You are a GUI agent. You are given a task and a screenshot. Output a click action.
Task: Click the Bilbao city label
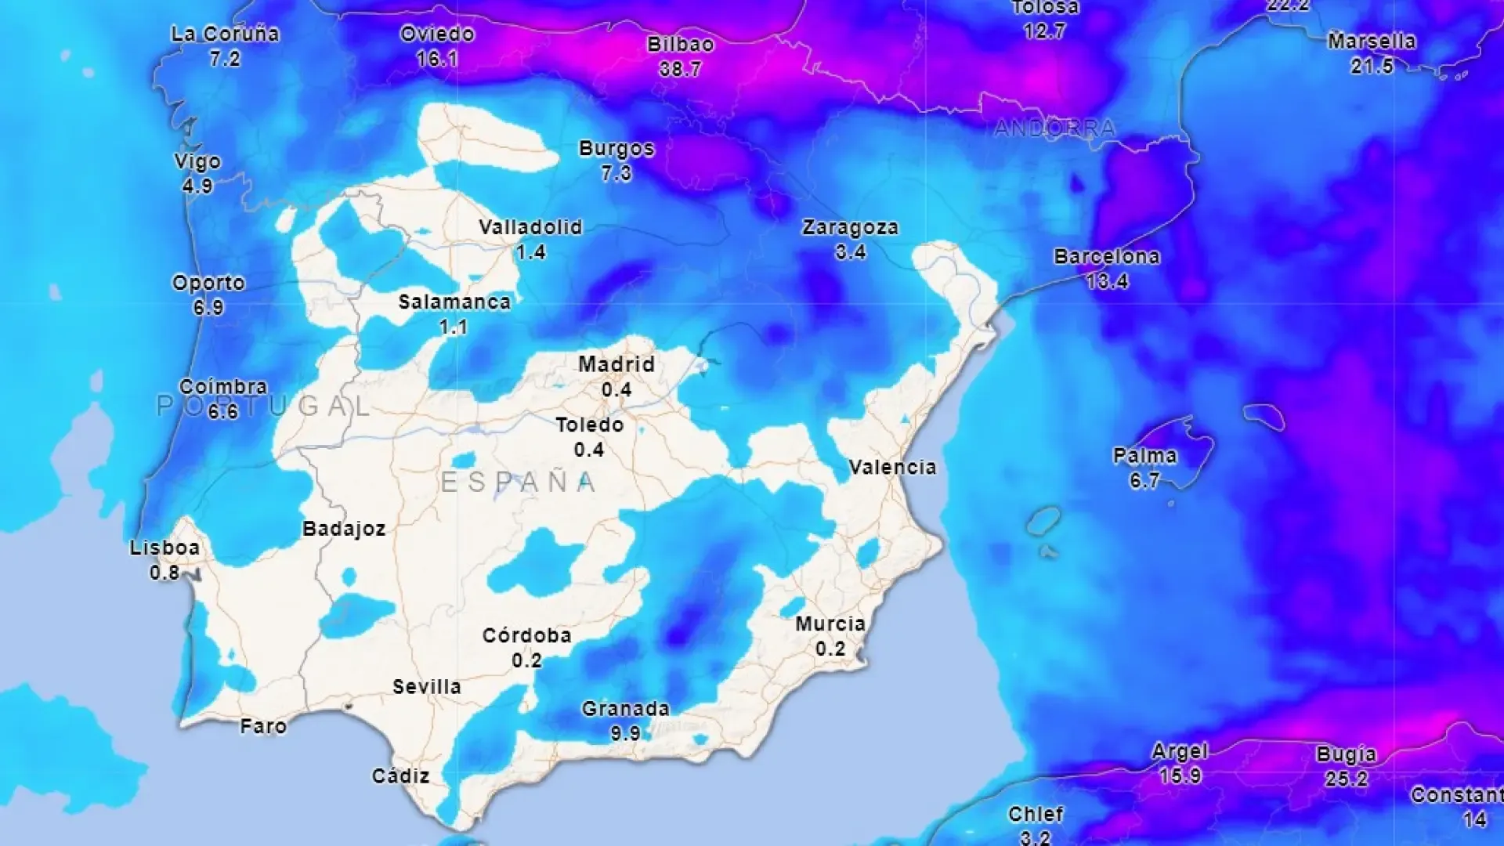(680, 45)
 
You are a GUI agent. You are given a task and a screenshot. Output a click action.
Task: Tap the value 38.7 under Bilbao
(680, 70)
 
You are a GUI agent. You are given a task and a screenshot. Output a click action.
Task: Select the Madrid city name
(616, 364)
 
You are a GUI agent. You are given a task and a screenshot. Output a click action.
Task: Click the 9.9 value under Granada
(625, 734)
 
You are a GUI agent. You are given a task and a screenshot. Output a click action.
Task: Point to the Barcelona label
(1106, 257)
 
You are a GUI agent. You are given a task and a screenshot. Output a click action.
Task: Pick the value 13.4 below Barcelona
(1107, 281)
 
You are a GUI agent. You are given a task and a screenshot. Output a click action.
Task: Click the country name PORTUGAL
(263, 406)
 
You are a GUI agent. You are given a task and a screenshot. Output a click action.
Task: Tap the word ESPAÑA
(519, 482)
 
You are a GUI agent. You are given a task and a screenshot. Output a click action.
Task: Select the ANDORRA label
(1054, 128)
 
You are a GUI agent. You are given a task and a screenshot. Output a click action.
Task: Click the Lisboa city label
(164, 548)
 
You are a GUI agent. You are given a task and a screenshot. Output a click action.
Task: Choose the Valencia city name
(892, 468)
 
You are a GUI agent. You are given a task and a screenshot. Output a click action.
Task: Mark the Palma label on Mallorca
(1144, 456)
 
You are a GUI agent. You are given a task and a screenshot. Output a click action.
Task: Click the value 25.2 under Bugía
(1346, 779)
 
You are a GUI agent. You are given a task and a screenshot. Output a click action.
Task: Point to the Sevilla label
(426, 687)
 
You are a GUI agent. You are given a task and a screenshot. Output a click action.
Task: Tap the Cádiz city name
(400, 776)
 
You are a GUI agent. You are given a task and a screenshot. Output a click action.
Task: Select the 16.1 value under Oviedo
(437, 59)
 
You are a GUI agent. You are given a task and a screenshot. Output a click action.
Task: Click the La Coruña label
(225, 34)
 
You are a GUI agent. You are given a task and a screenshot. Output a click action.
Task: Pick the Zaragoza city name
(850, 228)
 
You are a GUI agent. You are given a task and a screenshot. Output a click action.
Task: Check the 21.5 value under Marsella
(1372, 67)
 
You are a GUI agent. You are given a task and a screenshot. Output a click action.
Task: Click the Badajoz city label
(344, 529)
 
